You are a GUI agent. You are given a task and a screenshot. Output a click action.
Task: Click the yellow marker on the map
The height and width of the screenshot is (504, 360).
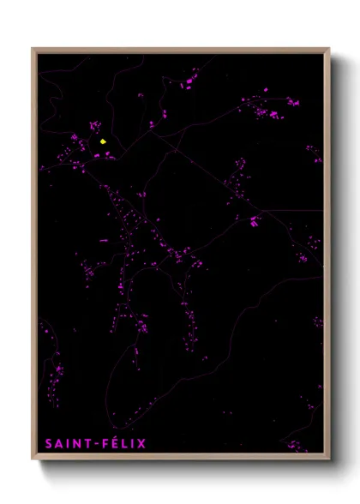tap(103, 141)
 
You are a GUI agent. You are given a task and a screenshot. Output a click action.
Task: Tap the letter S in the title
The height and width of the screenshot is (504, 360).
tap(49, 444)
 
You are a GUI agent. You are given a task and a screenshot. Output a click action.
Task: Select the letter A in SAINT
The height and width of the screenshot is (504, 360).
tap(59, 444)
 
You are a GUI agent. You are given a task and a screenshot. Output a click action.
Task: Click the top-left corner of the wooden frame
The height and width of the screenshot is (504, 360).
tap(33, 48)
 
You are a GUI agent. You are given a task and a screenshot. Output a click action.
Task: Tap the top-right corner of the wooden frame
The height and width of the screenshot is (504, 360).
tap(329, 48)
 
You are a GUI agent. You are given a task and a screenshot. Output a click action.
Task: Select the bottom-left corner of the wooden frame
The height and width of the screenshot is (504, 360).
tap(33, 459)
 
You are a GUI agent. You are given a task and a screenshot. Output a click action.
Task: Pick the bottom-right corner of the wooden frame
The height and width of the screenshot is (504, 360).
tap(329, 459)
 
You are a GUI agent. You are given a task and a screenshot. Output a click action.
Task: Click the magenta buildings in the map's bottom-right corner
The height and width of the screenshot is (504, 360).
tap(297, 446)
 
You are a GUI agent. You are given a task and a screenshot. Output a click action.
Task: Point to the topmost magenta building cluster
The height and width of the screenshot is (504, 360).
tap(187, 83)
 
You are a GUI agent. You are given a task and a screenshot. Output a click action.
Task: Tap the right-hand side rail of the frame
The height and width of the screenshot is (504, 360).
tap(327, 257)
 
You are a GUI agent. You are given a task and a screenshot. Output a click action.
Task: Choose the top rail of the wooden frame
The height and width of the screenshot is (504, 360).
tap(180, 49)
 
